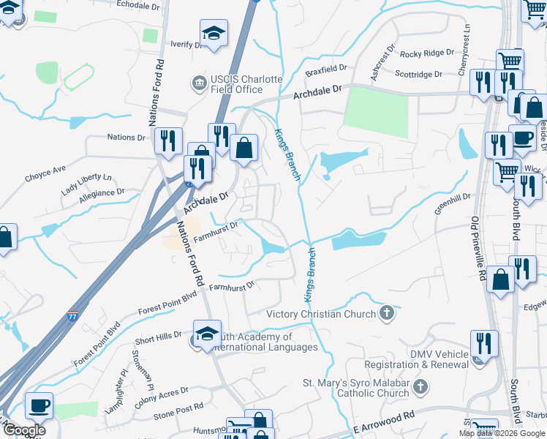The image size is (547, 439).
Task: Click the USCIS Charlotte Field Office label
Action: click(236, 84)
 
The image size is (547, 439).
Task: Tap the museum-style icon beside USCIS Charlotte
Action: click(199, 83)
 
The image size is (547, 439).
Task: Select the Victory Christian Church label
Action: click(321, 314)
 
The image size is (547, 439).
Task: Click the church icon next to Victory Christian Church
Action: click(387, 314)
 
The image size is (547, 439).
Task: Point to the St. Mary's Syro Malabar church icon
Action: click(419, 386)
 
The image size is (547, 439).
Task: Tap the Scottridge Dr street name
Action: click(418, 74)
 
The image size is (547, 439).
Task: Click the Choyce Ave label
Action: click(45, 175)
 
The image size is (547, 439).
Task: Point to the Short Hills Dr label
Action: click(158, 337)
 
